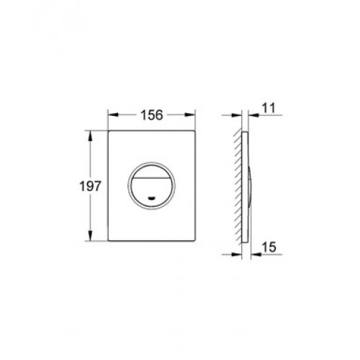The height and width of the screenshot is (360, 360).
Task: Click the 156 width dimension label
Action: [152, 115]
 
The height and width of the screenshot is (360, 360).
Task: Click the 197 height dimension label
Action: [91, 186]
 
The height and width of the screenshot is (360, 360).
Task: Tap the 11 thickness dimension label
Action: [269, 108]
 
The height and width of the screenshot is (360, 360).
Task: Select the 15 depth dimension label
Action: [269, 247]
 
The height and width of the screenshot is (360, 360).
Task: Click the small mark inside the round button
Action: [151, 198]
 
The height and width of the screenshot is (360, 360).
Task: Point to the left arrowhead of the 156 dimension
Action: [113, 115]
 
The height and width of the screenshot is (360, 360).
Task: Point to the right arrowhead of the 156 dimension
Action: [189, 115]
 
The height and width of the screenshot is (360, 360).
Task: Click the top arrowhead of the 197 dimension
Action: [90, 136]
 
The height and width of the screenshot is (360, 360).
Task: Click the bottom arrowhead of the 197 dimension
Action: [90, 235]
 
